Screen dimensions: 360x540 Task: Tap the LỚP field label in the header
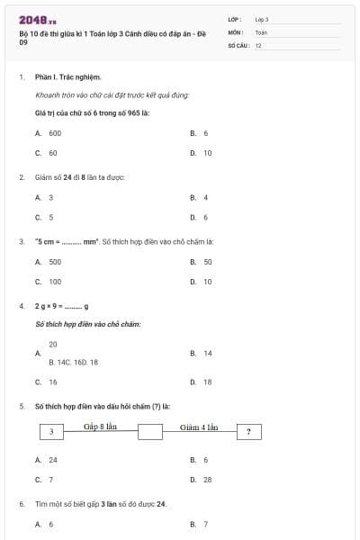tap(235, 19)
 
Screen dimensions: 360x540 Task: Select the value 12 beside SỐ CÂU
tap(259, 44)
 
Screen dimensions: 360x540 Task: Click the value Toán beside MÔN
tap(261, 31)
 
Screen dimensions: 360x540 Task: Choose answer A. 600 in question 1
tap(49, 132)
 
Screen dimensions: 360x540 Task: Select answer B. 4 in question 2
tap(199, 197)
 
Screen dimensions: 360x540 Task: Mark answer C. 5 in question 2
tap(44, 217)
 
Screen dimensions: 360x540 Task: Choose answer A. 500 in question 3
tap(49, 262)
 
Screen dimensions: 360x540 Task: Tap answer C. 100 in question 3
tap(49, 282)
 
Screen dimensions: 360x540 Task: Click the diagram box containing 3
tap(52, 432)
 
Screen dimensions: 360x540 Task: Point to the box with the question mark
tap(248, 432)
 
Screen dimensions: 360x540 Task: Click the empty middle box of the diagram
tap(150, 432)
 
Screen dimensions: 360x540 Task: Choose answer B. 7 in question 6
tap(199, 524)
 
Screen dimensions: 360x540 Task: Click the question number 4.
tap(22, 307)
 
